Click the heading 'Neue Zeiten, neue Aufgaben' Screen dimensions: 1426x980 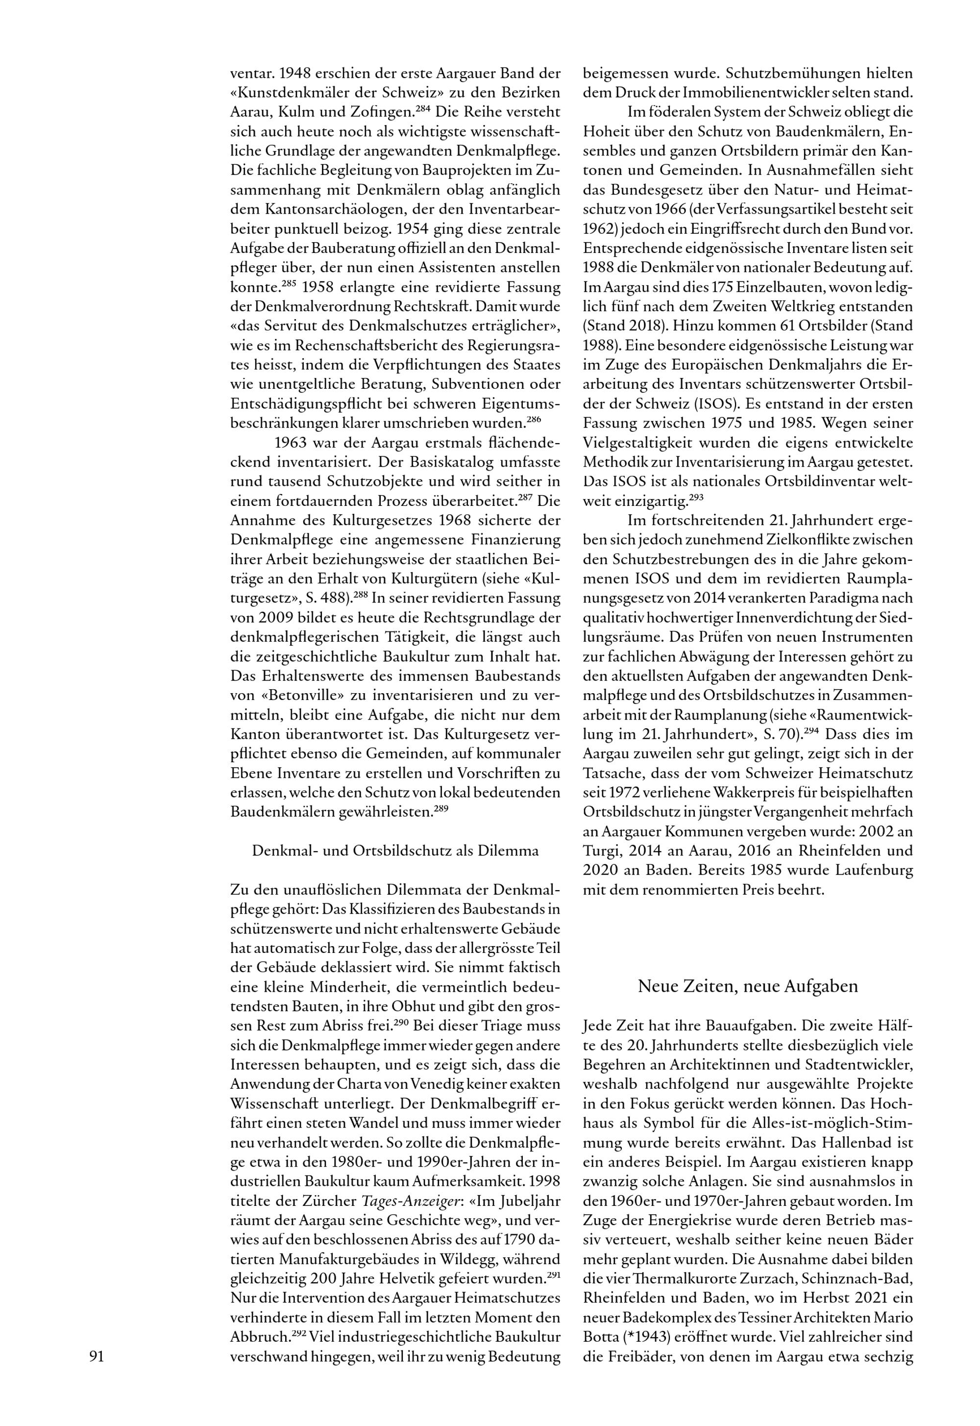click(x=747, y=987)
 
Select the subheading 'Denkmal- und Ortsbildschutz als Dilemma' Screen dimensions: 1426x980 click(x=395, y=851)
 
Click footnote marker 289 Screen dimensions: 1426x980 click(x=442, y=808)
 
